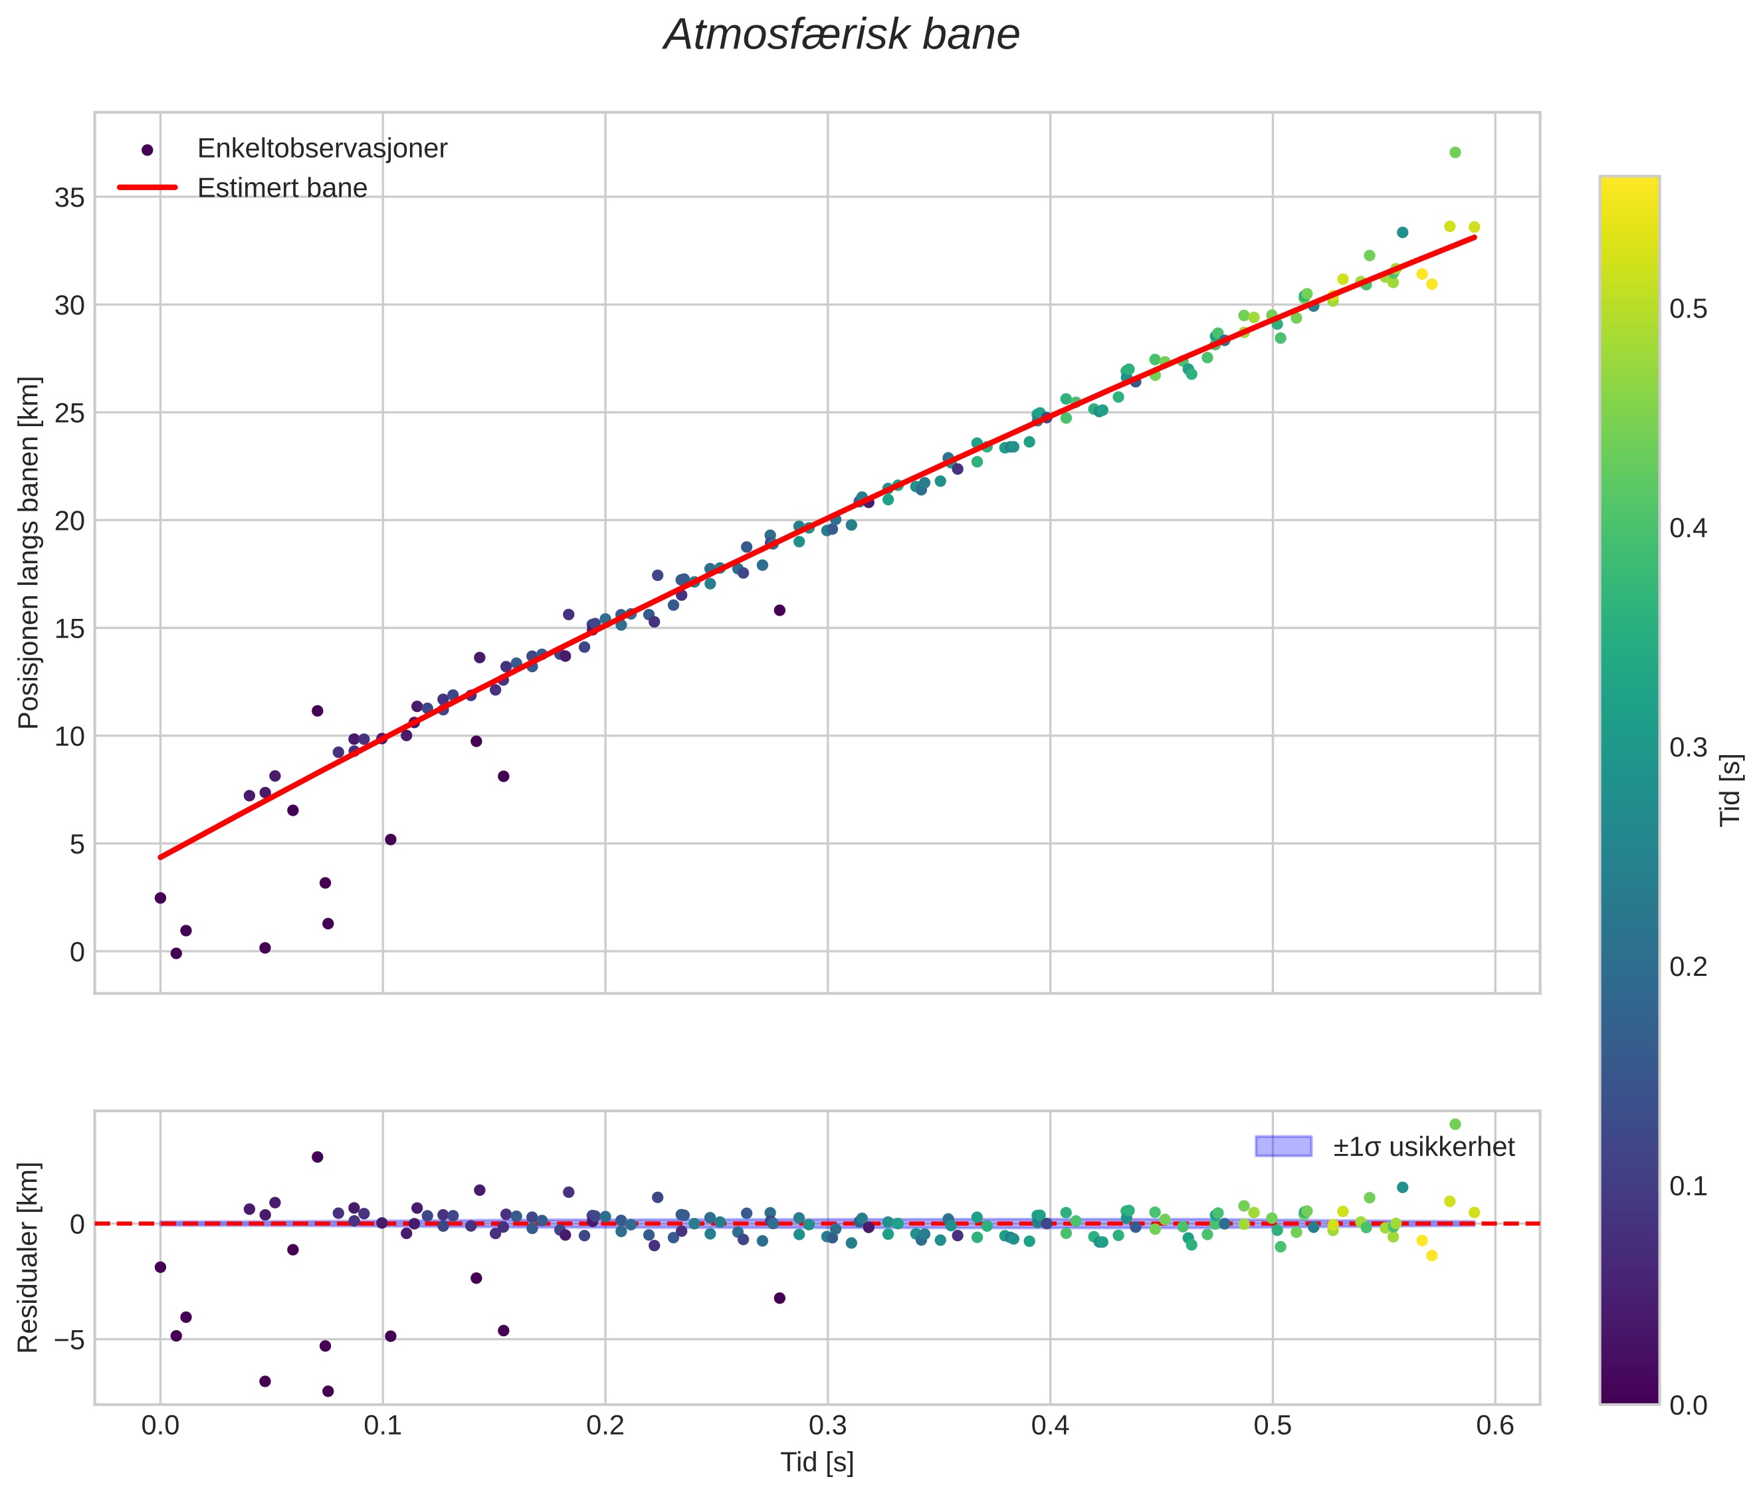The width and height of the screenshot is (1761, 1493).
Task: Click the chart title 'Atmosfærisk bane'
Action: pos(841,35)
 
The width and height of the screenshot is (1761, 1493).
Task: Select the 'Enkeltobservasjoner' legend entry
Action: pos(322,149)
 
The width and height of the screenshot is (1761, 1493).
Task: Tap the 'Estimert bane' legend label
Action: pos(282,188)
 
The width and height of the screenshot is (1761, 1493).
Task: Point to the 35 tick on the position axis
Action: pos(70,198)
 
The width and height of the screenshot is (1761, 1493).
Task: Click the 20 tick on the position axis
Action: pos(70,521)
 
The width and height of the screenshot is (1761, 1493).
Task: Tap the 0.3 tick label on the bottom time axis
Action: pos(827,1426)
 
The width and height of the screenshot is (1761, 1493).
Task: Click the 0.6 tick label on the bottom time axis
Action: pos(1495,1426)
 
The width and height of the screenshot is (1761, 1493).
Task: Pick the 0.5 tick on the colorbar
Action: pos(1687,310)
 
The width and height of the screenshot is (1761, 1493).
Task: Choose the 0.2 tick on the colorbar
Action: pos(1687,967)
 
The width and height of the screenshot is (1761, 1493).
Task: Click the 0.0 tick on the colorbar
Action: pos(1687,1405)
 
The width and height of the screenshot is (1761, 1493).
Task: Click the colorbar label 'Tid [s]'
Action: pos(1731,790)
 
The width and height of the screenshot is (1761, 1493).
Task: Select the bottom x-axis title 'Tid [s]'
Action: pos(817,1462)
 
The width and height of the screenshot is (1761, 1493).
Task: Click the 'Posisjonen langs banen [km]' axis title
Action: pos(29,552)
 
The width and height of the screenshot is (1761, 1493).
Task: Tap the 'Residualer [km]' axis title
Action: pos(29,1258)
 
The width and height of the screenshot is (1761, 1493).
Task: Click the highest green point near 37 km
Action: pos(1455,152)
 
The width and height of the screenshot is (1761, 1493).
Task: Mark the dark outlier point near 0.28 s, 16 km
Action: pos(779,610)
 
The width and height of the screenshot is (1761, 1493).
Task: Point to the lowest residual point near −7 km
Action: pos(328,1391)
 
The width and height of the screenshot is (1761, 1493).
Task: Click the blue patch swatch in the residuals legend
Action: pos(1283,1147)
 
